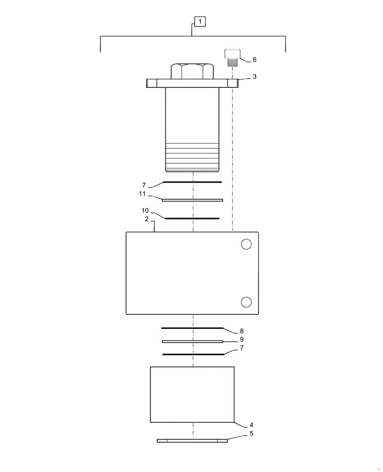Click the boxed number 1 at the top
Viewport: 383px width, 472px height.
200,22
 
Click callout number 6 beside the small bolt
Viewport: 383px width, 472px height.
254,60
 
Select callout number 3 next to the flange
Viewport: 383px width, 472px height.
254,76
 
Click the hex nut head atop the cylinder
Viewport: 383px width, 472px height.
192,71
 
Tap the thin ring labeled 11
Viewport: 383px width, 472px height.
192,200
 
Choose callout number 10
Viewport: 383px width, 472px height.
145,210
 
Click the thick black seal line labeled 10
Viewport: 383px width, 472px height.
192,218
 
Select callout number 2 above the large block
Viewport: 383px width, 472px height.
147,219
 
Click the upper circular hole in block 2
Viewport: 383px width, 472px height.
246,244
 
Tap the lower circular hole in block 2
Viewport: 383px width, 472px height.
246,302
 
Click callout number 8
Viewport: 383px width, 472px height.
241,331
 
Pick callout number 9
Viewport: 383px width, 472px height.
241,339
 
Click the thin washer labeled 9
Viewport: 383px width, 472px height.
192,341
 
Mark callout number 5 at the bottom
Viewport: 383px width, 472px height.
251,433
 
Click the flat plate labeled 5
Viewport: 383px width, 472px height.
192,441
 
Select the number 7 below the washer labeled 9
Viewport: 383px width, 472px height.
241,348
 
